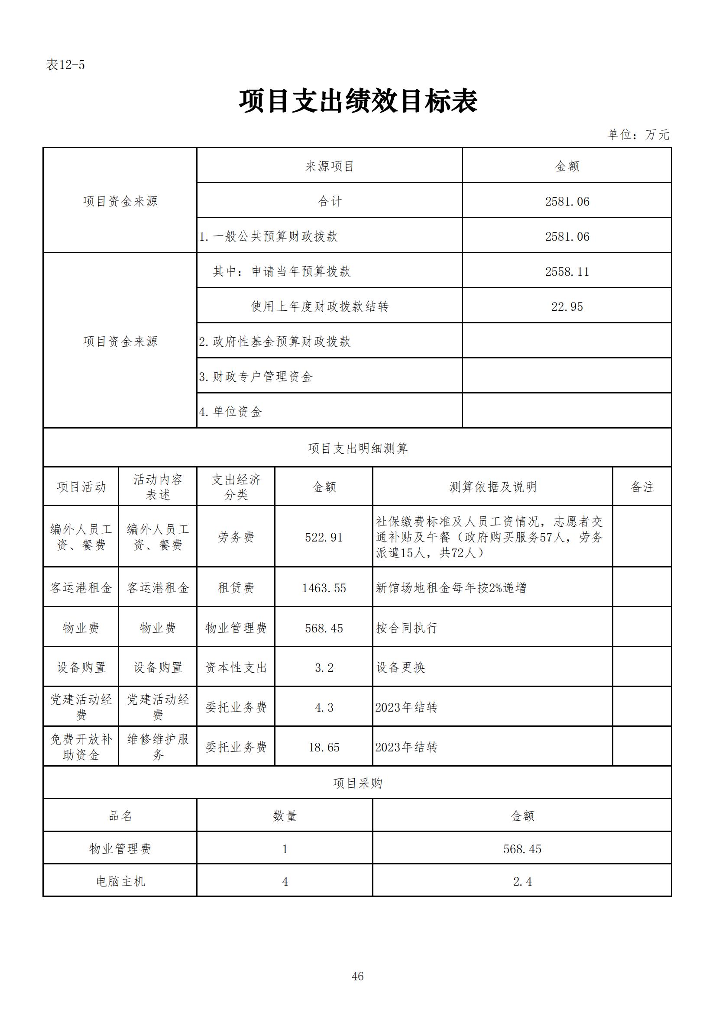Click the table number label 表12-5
click(65, 65)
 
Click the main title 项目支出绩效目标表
click(358, 101)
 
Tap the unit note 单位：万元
click(638, 135)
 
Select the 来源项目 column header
click(330, 166)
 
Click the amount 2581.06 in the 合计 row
click(567, 201)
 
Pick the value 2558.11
click(567, 271)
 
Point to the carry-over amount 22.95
click(567, 306)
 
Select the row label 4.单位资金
click(230, 412)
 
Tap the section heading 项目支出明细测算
click(358, 448)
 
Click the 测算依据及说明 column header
click(493, 487)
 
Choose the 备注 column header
click(642, 487)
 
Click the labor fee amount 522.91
click(324, 537)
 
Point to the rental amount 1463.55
click(324, 588)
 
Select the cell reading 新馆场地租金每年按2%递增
click(451, 588)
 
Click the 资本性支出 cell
click(236, 668)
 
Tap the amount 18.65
click(324, 747)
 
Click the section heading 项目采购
click(358, 783)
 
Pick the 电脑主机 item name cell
click(120, 881)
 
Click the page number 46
click(358, 977)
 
